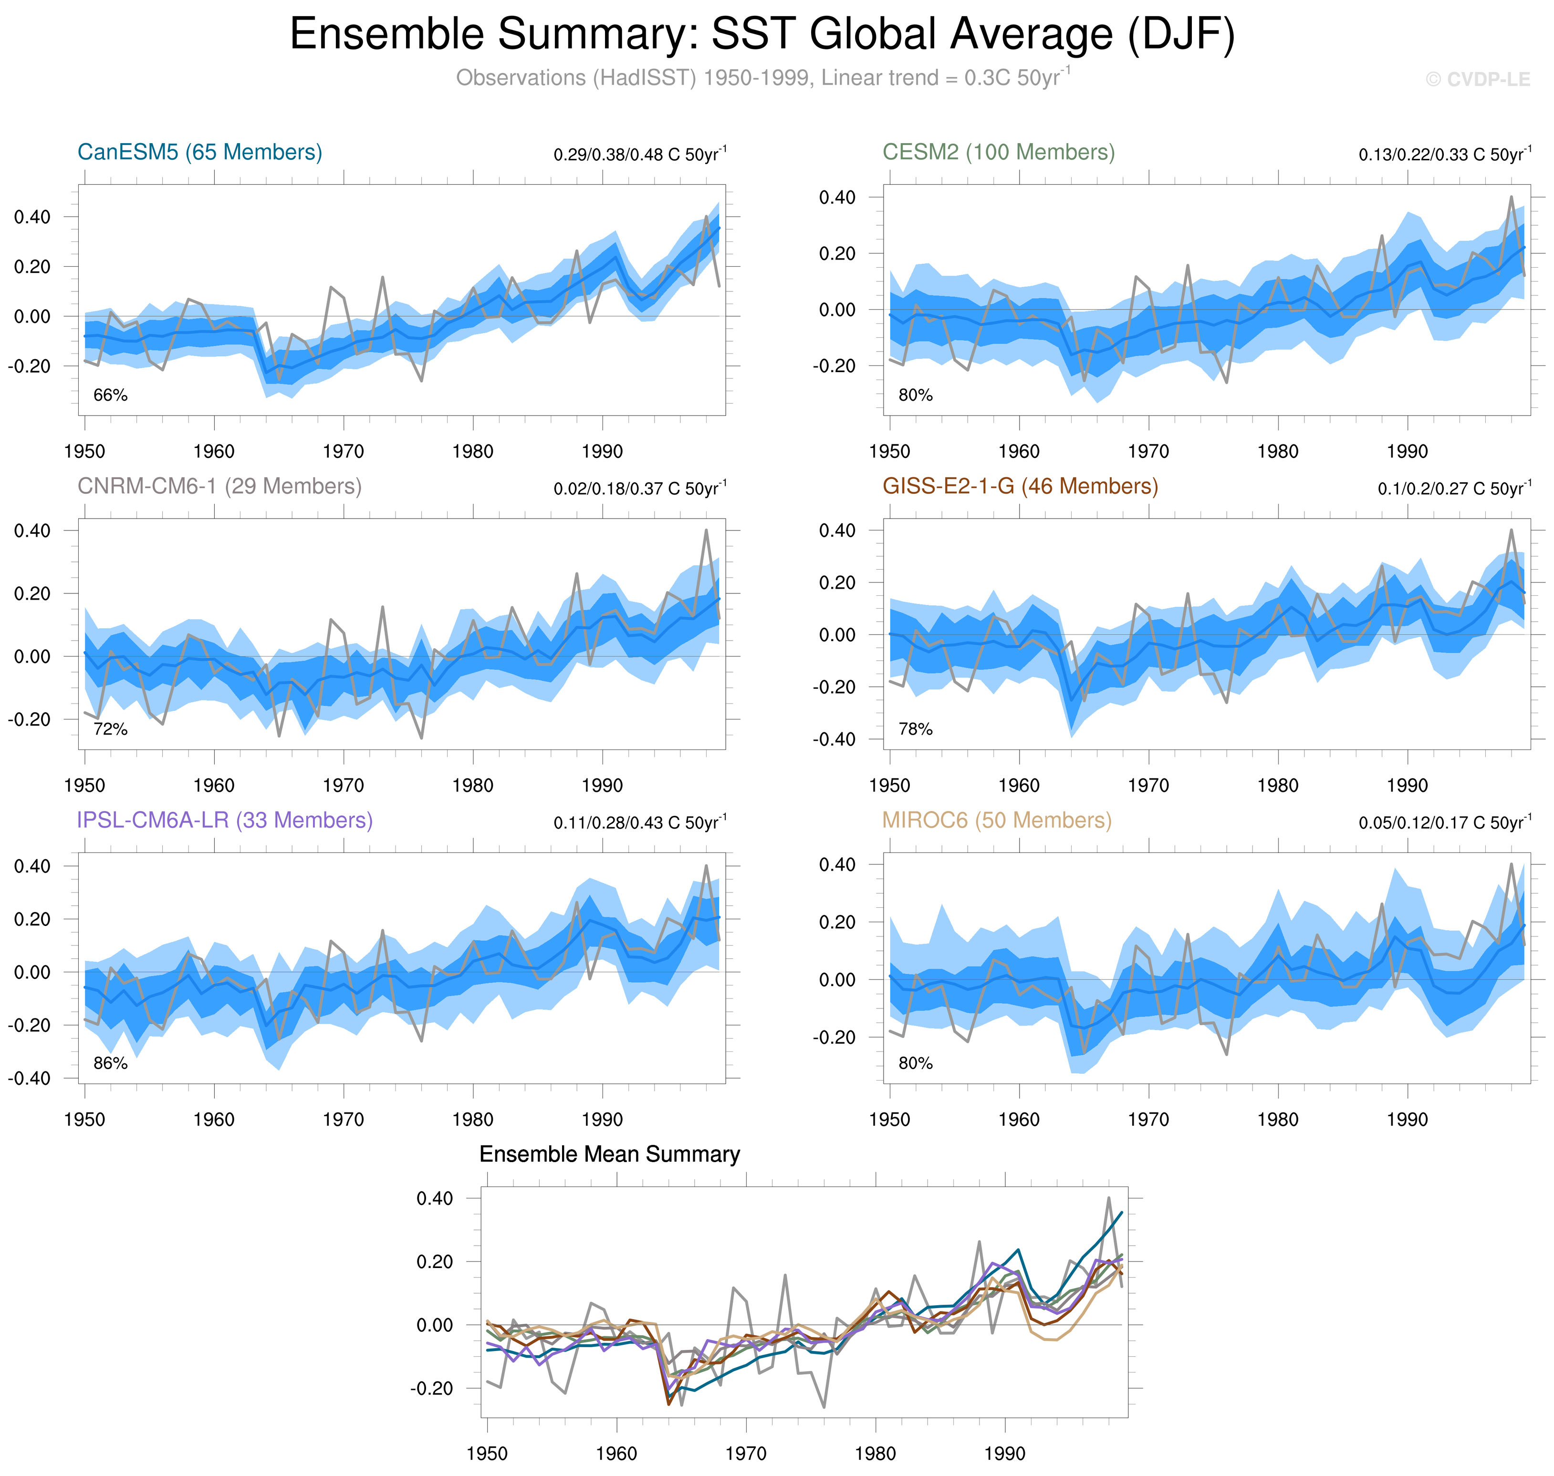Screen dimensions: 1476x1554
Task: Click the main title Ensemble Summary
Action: tap(761, 35)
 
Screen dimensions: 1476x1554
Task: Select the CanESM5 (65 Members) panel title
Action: tap(200, 152)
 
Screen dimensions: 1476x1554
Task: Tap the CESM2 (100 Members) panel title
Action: tap(998, 152)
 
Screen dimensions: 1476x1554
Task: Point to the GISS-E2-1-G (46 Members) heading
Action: tap(1020, 486)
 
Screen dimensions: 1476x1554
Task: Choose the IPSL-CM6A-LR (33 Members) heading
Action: tap(224, 820)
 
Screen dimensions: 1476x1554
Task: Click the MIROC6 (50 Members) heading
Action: tap(996, 820)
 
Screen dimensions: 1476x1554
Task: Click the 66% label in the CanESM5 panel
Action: tap(110, 395)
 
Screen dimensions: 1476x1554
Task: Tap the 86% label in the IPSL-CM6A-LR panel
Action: tap(110, 1063)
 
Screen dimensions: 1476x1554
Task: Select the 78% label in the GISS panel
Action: tap(915, 729)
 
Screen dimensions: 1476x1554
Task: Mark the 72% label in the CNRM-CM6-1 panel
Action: tap(110, 729)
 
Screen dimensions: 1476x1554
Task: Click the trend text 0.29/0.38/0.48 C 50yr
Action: tap(639, 154)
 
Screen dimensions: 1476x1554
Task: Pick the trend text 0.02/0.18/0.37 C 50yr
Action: tap(639, 489)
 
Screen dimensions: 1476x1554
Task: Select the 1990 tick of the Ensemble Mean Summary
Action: tap(1004, 1453)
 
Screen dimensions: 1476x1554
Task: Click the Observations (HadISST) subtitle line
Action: tap(761, 78)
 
